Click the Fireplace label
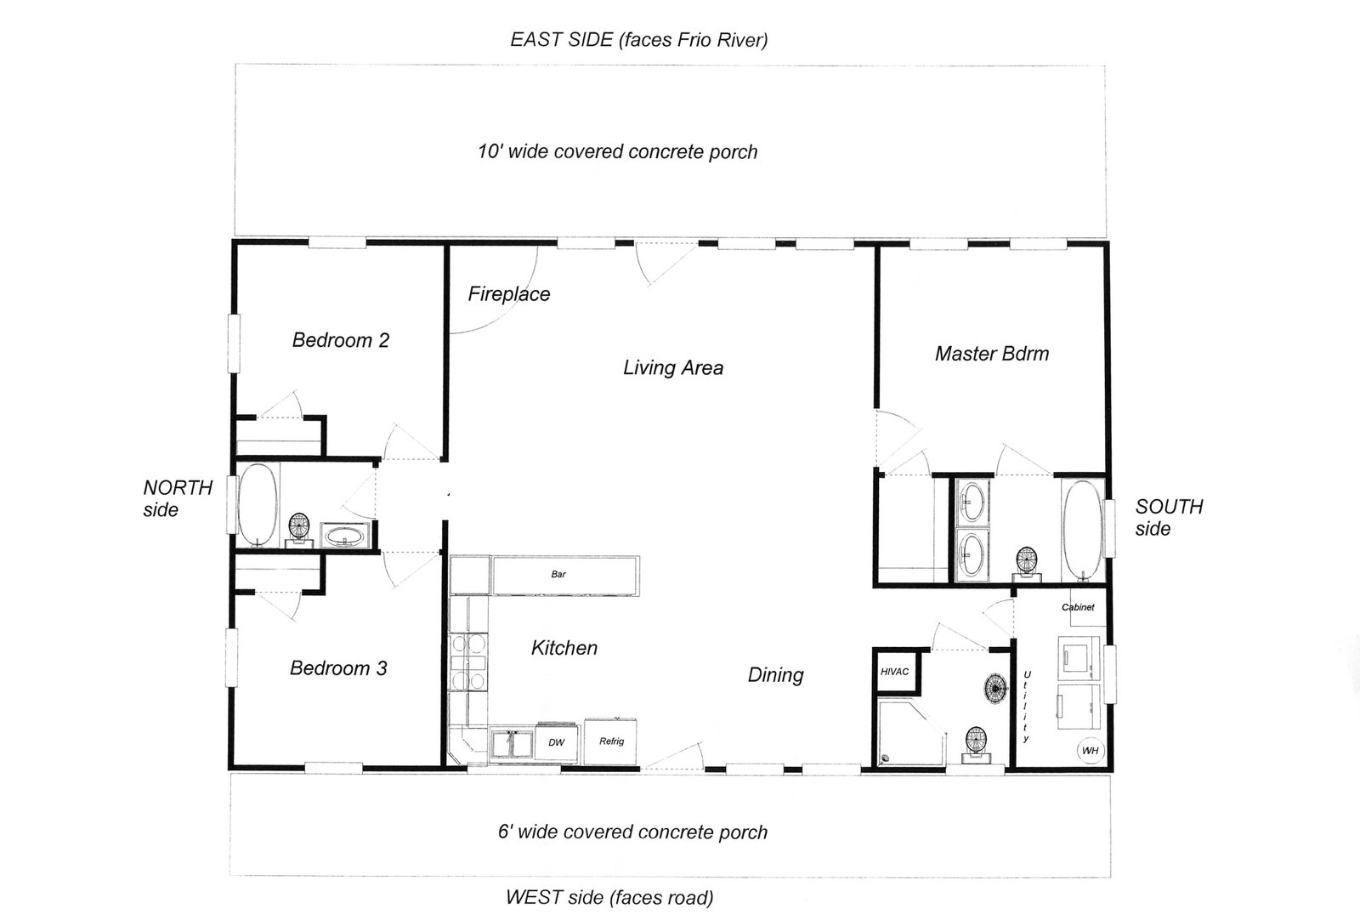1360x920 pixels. (508, 294)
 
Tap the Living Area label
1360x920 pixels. (672, 368)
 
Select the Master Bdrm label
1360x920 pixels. (991, 354)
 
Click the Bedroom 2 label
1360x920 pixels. (340, 341)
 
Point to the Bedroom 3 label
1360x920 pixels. (338, 668)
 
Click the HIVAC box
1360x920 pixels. (894, 672)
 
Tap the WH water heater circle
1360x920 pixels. (1090, 751)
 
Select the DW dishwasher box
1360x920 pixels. (556, 742)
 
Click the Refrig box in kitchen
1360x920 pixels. (611, 741)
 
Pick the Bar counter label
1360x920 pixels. (558, 575)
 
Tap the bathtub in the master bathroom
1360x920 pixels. (1081, 529)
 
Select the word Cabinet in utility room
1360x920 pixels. (1078, 607)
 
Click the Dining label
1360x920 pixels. (775, 675)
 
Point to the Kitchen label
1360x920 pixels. (564, 648)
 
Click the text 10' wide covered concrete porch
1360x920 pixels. (617, 152)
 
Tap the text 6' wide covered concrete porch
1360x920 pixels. (632, 832)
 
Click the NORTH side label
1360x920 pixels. (177, 498)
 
